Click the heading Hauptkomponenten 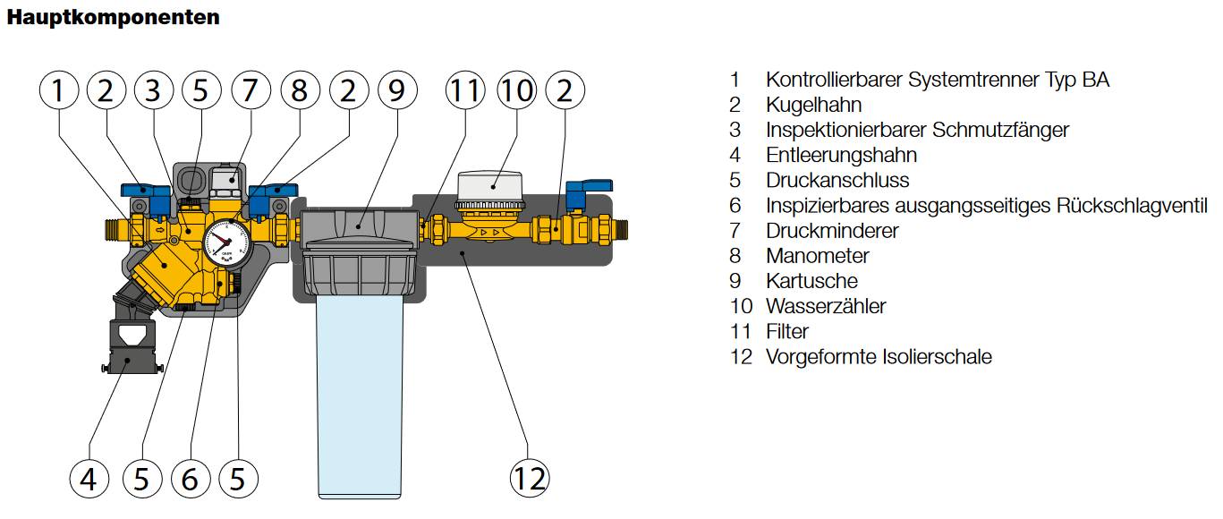click(113, 17)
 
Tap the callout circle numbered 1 click(58, 90)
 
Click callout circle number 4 click(88, 479)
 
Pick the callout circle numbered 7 click(250, 90)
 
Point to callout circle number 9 click(396, 90)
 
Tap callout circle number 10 click(516, 90)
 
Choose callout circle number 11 click(465, 90)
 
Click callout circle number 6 click(190, 479)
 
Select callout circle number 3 click(153, 90)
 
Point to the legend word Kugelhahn click(813, 105)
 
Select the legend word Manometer click(817, 256)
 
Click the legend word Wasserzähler click(825, 306)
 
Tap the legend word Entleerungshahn click(841, 155)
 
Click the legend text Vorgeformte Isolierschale click(879, 357)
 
